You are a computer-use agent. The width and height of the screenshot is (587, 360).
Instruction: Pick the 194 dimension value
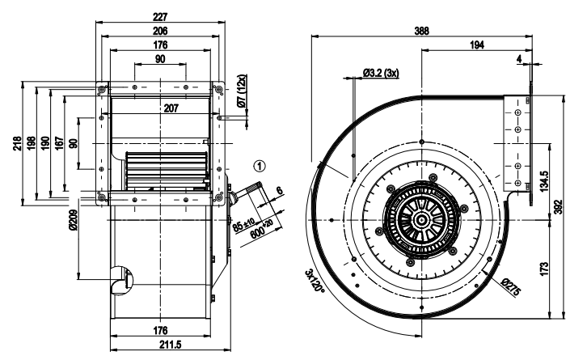coord(477,47)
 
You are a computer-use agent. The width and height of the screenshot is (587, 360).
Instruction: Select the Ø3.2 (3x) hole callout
coord(382,73)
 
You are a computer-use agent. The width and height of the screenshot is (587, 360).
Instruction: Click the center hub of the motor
coord(423,220)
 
